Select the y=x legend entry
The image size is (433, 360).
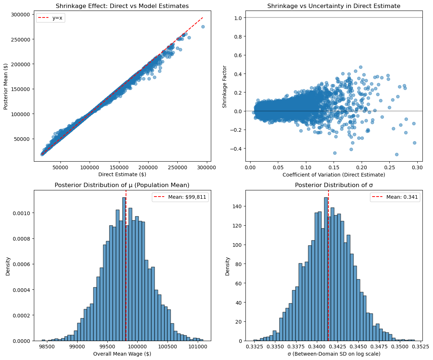point(51,19)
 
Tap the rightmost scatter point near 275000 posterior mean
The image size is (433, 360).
point(203,27)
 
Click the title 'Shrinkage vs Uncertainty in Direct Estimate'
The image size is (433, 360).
point(334,6)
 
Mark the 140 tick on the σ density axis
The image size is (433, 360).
point(238,206)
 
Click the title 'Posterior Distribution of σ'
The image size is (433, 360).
point(334,185)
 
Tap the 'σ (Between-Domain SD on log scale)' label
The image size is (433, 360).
point(334,353)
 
